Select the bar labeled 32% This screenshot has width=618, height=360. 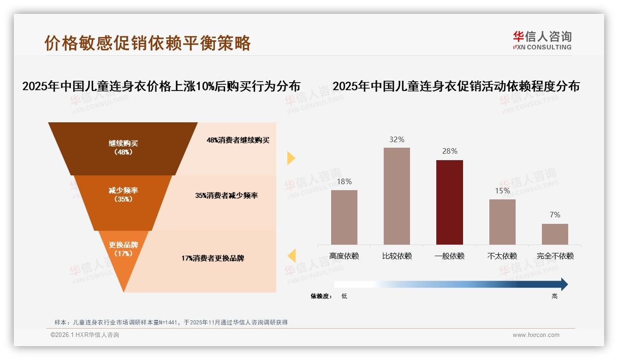(x=397, y=196)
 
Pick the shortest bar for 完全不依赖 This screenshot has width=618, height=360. (x=555, y=234)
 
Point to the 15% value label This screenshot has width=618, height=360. (x=502, y=191)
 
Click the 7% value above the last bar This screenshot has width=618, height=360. (x=555, y=215)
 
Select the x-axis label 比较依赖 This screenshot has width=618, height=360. (x=397, y=256)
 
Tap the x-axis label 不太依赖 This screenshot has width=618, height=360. (x=502, y=256)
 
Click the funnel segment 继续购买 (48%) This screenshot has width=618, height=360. (x=123, y=148)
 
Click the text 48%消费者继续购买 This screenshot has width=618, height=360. (x=238, y=140)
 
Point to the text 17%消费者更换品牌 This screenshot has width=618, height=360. (x=213, y=258)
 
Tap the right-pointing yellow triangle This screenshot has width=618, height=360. (x=291, y=158)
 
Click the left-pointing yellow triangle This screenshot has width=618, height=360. (x=291, y=255)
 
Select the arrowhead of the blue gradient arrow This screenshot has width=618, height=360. (x=564, y=284)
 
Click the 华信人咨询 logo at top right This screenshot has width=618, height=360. (x=542, y=40)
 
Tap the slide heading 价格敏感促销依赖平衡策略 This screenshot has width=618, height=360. (x=148, y=43)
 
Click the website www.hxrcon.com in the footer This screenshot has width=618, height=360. (x=536, y=335)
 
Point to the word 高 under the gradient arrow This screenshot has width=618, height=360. (x=554, y=296)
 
